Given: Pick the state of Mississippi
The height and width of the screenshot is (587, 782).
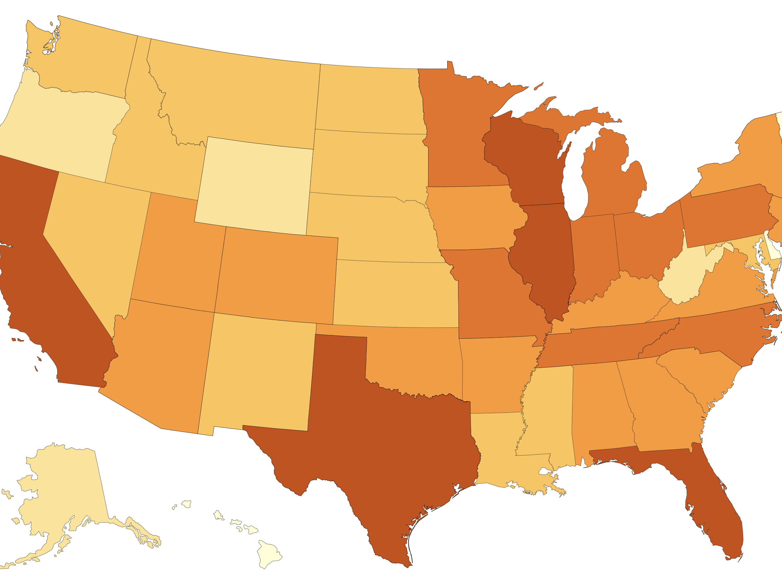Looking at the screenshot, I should coord(548,414).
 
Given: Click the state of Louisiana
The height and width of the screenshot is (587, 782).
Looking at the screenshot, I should coord(495,449).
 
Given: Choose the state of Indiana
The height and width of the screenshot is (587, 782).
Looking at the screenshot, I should coord(594,255).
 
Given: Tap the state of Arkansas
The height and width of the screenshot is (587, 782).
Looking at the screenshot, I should coord(495,375).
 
